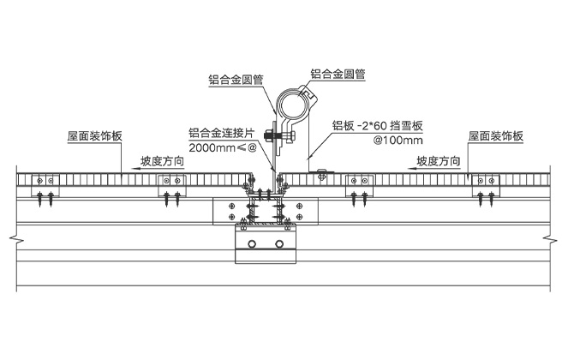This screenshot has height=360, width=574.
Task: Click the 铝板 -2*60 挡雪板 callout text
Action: [378, 125]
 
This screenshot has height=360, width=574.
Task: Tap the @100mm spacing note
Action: [400, 140]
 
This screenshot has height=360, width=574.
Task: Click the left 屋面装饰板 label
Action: [94, 136]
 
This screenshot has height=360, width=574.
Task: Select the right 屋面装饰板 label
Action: [495, 136]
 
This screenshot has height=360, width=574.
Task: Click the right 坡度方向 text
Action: [441, 160]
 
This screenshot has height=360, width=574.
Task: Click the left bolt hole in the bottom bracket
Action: [252, 246]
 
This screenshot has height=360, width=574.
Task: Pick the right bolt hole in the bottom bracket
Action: [279, 246]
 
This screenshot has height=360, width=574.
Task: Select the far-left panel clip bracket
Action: [44, 182]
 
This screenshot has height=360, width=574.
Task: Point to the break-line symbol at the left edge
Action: [9, 236]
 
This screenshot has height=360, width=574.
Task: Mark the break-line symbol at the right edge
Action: [561, 236]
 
